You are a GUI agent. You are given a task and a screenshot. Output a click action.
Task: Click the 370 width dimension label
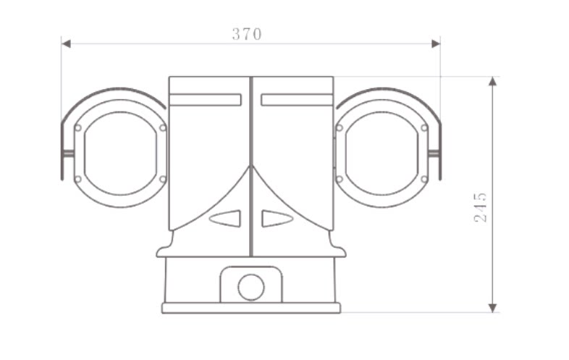click(x=247, y=34)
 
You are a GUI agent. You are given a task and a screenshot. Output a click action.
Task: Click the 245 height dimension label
click(x=481, y=207)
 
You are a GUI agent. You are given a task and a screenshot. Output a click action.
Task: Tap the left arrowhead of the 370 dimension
click(x=66, y=44)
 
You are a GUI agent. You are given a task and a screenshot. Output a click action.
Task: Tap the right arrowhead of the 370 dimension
click(x=436, y=44)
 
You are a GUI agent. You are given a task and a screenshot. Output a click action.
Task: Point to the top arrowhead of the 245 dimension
click(x=492, y=81)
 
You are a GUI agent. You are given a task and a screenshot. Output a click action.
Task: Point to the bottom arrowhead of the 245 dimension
click(x=492, y=308)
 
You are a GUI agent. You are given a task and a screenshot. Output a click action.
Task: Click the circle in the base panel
click(x=251, y=287)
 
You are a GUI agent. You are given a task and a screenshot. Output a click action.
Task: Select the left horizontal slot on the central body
click(x=206, y=100)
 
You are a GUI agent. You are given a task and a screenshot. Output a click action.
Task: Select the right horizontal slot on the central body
click(x=297, y=100)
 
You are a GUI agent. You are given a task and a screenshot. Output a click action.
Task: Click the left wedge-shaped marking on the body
click(x=226, y=218)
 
